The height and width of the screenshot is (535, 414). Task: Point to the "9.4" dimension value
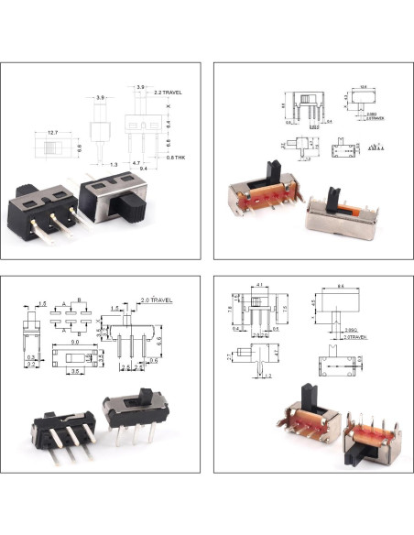pyautogui.click(x=146, y=169)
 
